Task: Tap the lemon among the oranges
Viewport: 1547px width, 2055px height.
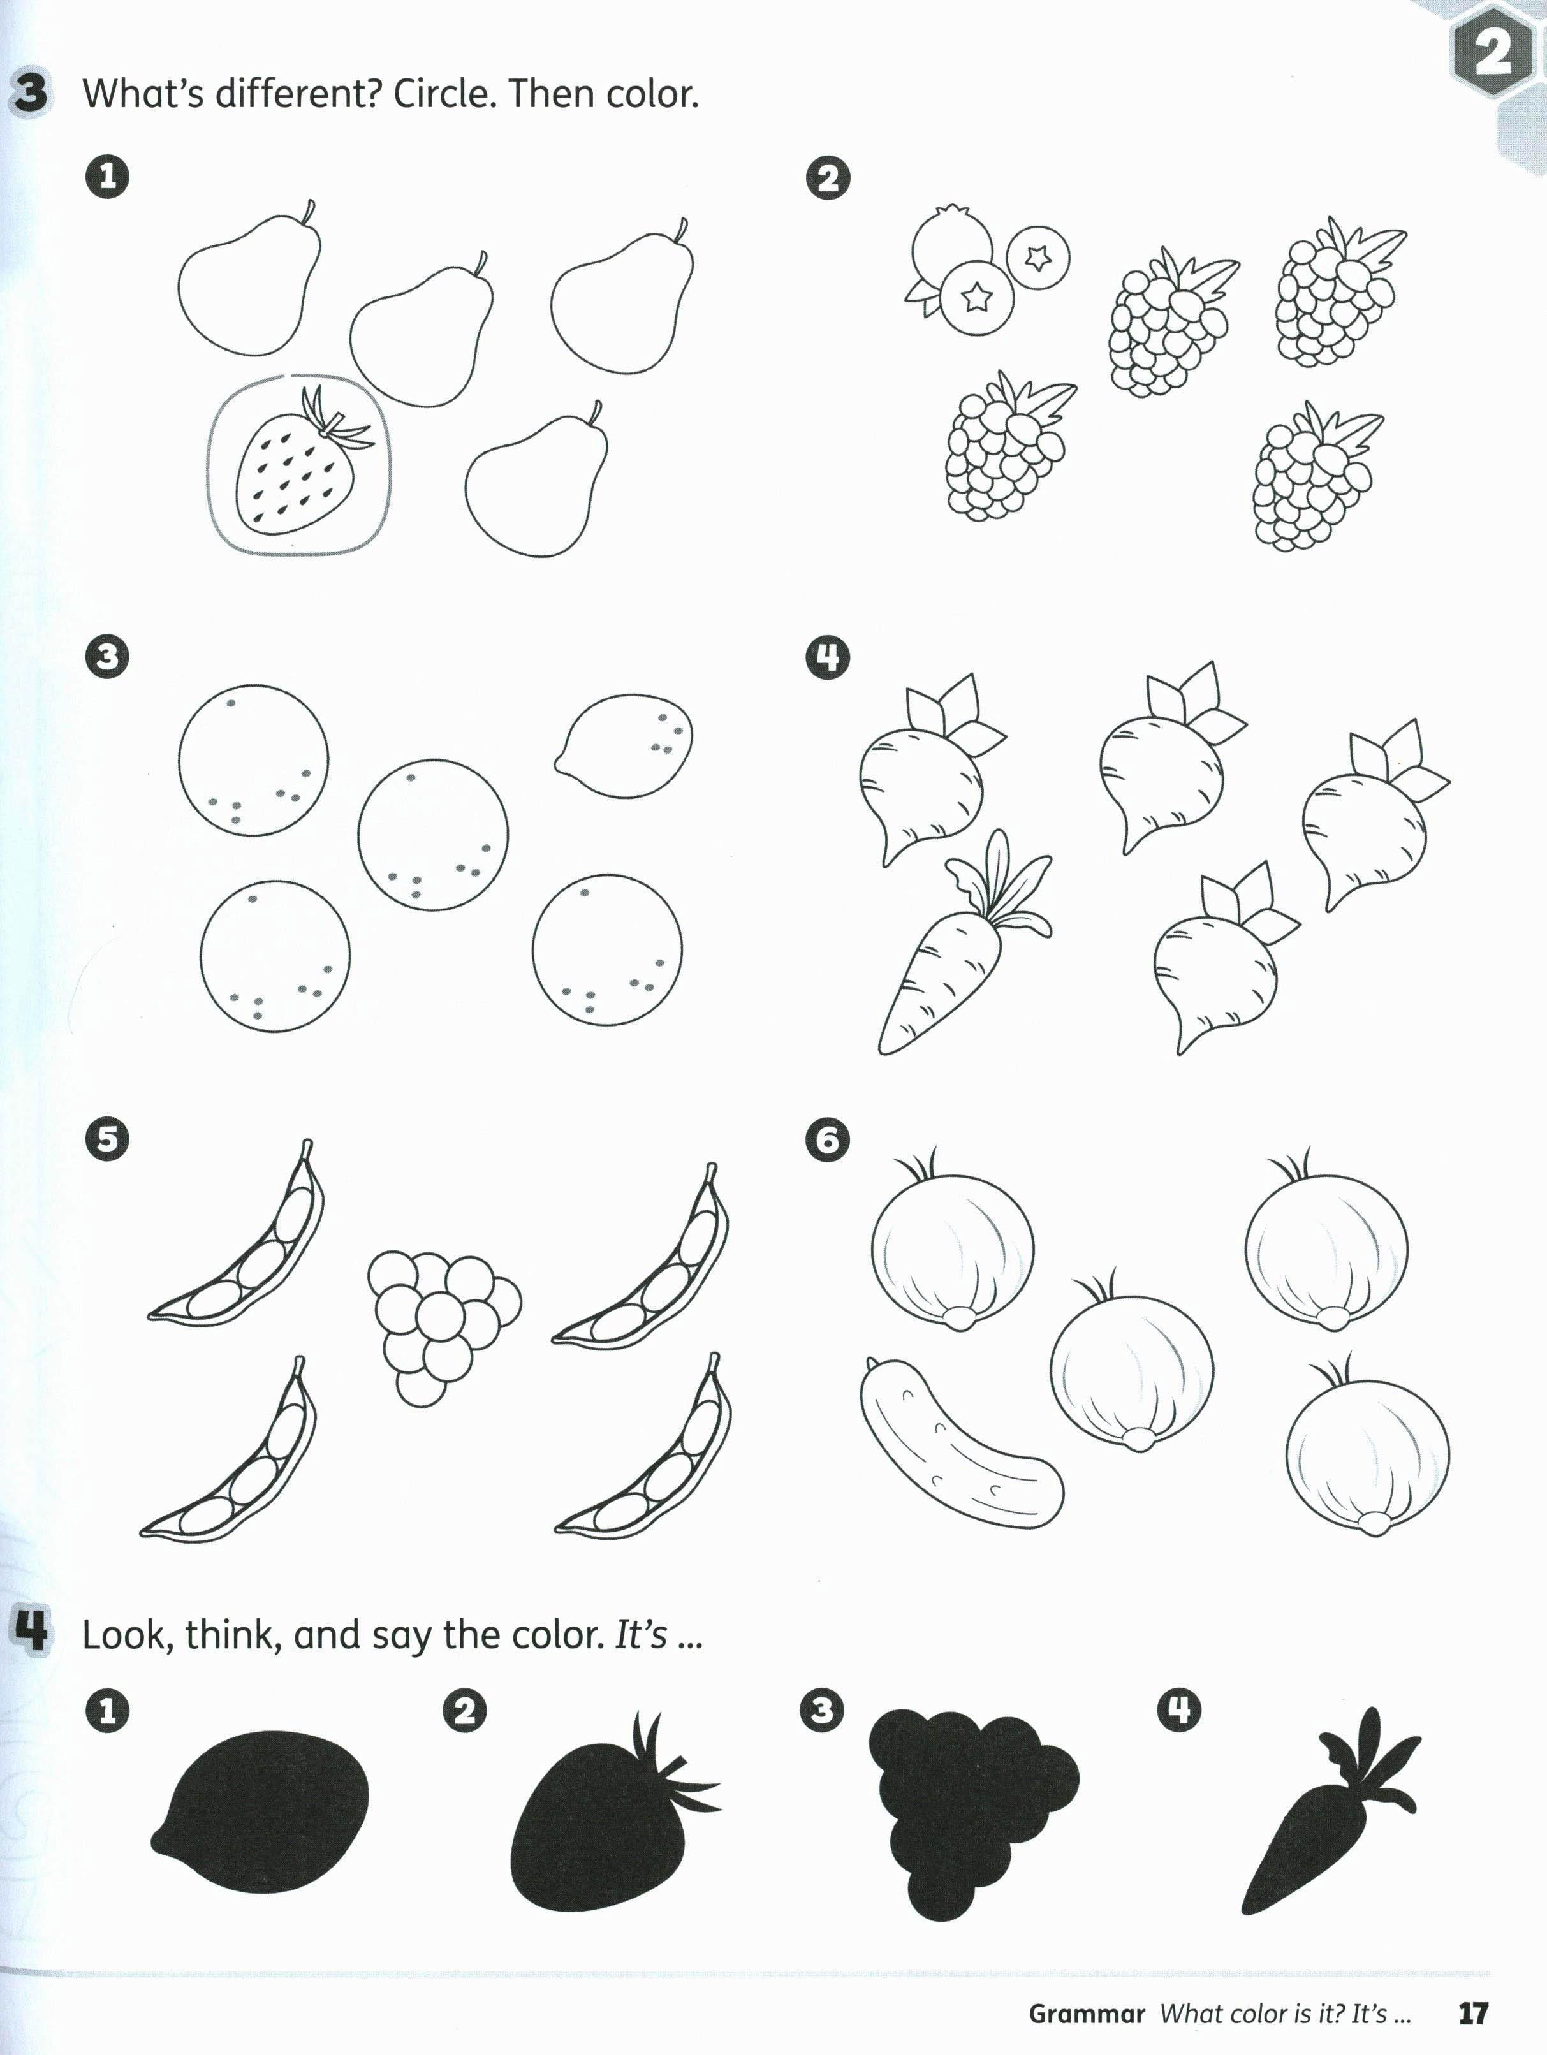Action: [624, 745]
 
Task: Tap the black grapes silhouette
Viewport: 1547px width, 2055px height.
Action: [971, 1811]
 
